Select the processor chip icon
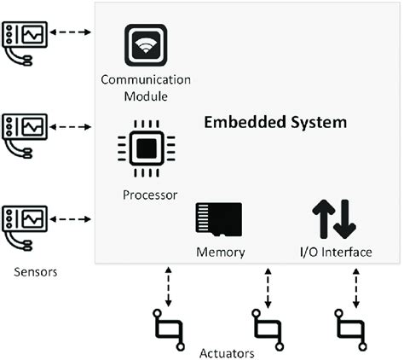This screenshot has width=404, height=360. pyautogui.click(x=146, y=148)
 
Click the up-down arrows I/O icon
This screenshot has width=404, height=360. pyautogui.click(x=333, y=218)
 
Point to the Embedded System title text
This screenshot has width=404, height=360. pyautogui.click(x=274, y=122)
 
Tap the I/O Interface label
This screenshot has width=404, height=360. pyautogui.click(x=336, y=252)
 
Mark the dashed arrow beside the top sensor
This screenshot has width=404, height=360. pyautogui.click(x=71, y=34)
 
